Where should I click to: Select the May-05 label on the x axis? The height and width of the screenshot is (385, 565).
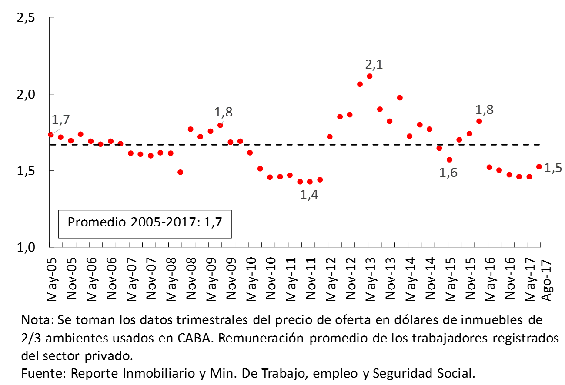pyautogui.click(x=52, y=279)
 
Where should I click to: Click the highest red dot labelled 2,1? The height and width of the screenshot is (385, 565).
pyautogui.click(x=370, y=76)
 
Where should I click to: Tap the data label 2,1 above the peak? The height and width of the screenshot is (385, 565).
pyautogui.click(x=374, y=65)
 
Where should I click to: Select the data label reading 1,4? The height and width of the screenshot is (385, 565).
pyautogui.click(x=309, y=195)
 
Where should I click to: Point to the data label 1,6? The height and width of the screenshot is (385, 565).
pyautogui.click(x=448, y=173)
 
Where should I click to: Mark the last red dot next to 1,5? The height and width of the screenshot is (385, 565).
pyautogui.click(x=539, y=166)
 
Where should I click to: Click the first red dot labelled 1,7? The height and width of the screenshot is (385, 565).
pyautogui.click(x=51, y=134)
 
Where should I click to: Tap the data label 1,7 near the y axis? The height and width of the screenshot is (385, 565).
pyautogui.click(x=60, y=119)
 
